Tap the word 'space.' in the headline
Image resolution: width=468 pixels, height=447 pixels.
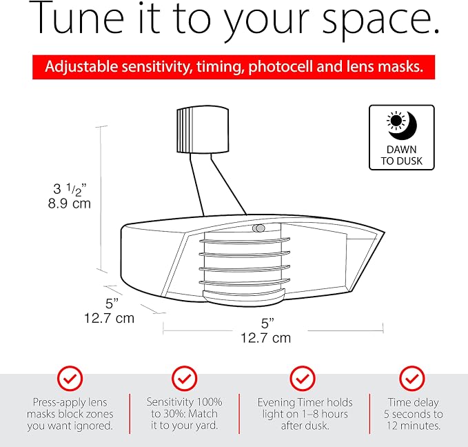point(381,22)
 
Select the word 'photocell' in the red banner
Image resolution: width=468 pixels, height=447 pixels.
point(281,67)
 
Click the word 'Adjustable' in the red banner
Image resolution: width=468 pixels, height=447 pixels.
point(81,67)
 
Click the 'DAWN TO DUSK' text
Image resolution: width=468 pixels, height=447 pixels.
point(401,155)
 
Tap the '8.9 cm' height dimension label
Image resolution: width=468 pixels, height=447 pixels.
point(69,203)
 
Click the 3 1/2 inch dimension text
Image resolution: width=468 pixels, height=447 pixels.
point(70,190)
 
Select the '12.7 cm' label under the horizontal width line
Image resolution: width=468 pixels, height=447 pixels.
point(265,338)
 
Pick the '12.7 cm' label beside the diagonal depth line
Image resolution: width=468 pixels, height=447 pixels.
point(109,318)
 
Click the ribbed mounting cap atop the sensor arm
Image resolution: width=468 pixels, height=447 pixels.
point(203,130)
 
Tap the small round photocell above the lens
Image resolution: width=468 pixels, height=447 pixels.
point(258,228)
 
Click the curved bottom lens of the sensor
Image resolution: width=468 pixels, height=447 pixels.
point(244,297)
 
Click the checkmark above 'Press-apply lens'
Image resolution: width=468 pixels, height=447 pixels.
point(70,379)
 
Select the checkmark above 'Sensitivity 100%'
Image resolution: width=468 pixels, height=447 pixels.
point(185,379)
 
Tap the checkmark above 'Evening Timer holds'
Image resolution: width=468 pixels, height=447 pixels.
point(303,379)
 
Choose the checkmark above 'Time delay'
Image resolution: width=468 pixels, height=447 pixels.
point(412,379)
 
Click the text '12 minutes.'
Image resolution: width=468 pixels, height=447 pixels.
point(414,426)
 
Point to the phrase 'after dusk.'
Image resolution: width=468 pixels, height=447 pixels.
point(305,426)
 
